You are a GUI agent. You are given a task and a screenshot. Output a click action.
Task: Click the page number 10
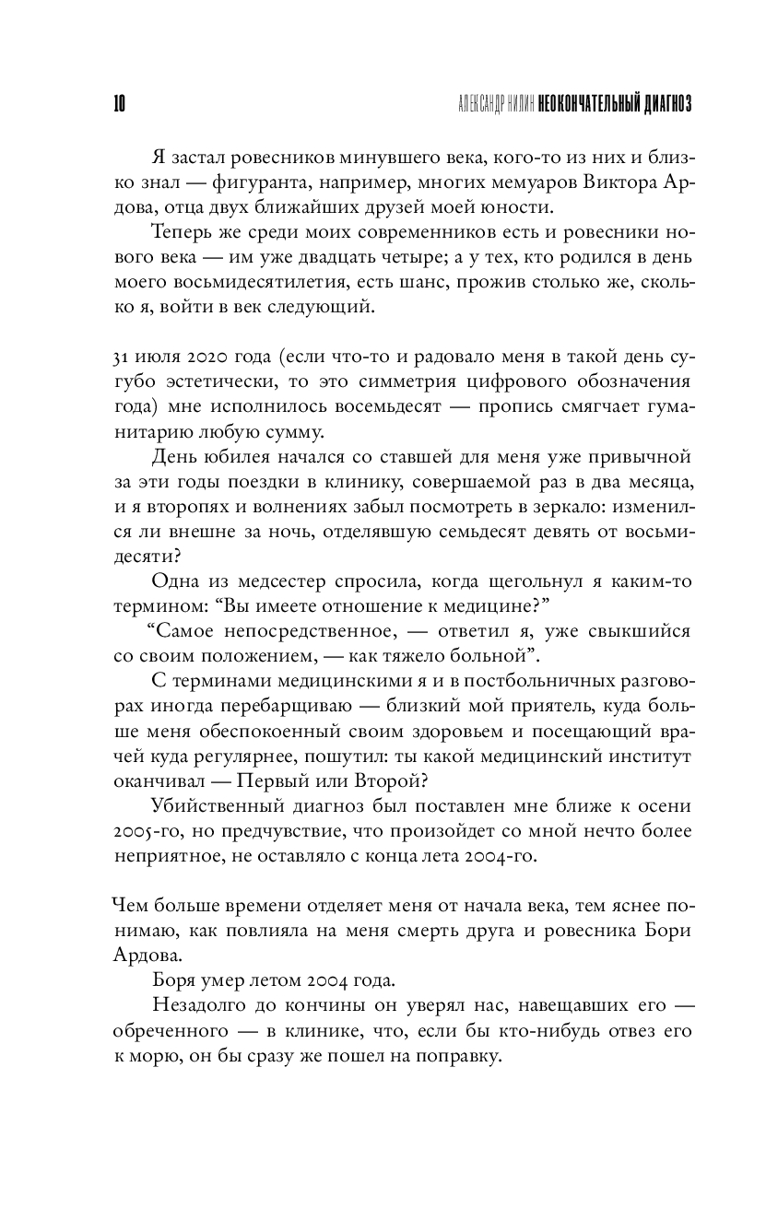tap(119, 104)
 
